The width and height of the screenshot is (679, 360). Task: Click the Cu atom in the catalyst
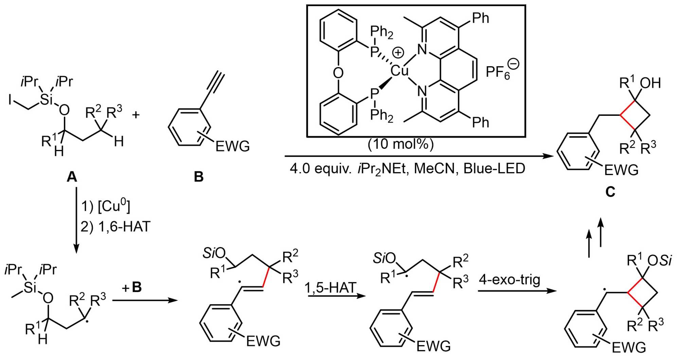(x=399, y=71)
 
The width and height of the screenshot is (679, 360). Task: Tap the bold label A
(x=72, y=177)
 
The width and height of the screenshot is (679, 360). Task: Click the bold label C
(x=610, y=192)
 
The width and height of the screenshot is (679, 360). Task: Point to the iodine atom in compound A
(x=11, y=100)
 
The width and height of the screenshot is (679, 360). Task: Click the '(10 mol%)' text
(x=400, y=144)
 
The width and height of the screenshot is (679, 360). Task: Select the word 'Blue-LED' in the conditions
(x=494, y=168)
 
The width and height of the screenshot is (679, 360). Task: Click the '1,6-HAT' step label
(x=124, y=227)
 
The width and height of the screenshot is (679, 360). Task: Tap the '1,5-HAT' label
(x=330, y=287)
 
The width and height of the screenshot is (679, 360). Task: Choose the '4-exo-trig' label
(x=510, y=280)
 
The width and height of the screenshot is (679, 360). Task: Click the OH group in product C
(x=650, y=83)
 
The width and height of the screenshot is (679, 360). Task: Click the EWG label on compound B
(x=233, y=146)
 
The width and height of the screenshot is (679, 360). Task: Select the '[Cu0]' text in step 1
(x=114, y=206)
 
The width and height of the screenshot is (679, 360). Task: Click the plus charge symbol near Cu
(x=398, y=53)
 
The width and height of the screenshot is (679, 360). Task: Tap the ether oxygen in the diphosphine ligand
(x=338, y=73)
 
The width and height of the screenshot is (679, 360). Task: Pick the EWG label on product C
(x=621, y=169)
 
